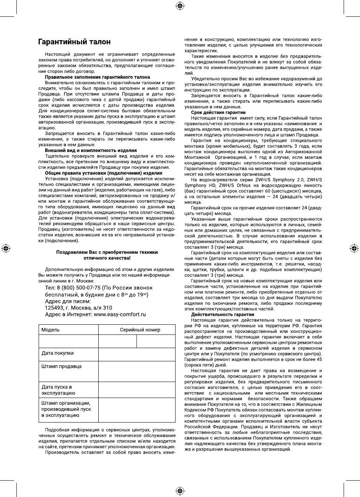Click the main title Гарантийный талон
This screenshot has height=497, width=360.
pos(74,42)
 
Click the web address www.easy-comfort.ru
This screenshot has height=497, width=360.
pos(119,314)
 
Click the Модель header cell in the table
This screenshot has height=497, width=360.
pos(51,329)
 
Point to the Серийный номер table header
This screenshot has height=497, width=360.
pos(140,329)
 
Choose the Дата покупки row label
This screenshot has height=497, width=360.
pos(58,353)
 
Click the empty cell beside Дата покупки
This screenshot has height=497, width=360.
pos(137,354)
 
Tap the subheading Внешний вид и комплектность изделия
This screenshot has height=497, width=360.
pos(90,150)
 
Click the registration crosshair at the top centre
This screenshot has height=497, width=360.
pos(180,5)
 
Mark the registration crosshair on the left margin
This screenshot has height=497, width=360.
pos(6,248)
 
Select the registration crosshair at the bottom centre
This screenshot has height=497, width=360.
pos(180,490)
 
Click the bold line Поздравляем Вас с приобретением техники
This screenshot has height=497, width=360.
pos(107,252)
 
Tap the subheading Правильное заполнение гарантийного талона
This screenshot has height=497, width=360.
pos(97,77)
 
